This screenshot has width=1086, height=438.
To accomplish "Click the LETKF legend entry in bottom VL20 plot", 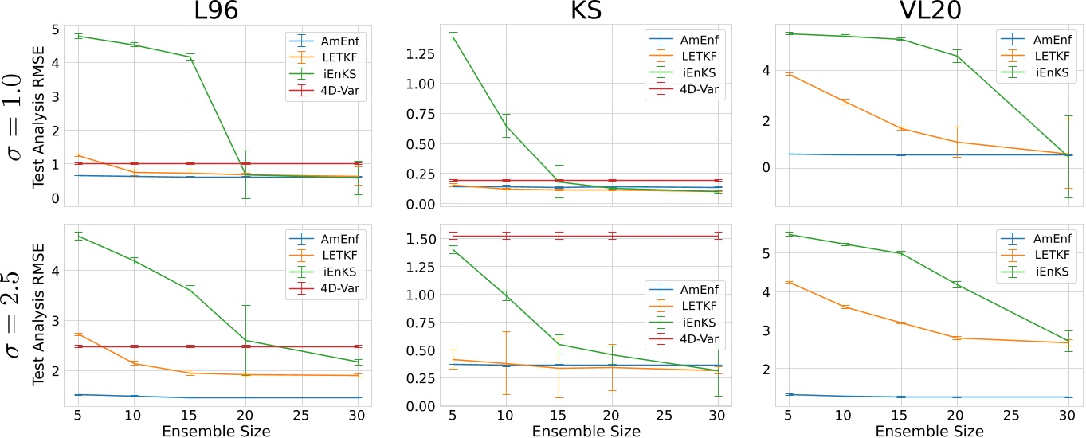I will (1043, 255).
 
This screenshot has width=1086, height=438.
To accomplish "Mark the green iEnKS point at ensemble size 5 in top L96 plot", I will (78, 36).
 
